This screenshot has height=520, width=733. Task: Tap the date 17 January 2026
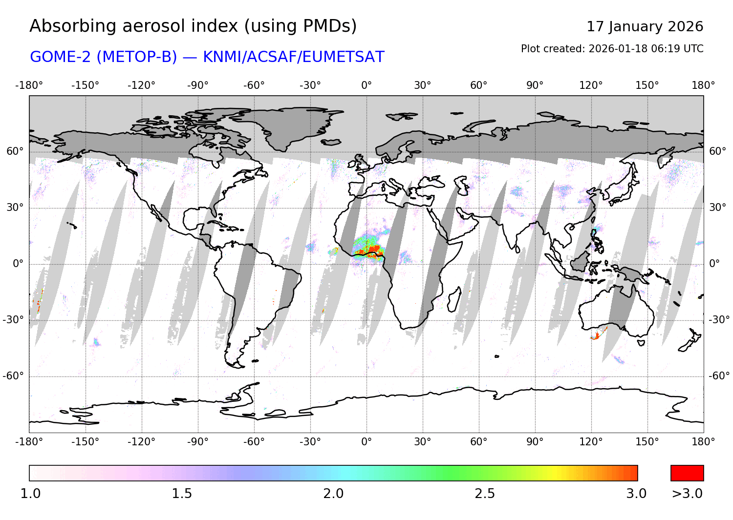click(x=645, y=26)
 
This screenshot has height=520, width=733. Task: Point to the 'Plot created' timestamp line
click(x=612, y=49)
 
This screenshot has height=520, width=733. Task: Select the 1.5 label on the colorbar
click(x=181, y=494)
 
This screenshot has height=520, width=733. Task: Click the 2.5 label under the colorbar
click(x=484, y=494)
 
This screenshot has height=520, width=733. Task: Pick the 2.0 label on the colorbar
click(x=333, y=494)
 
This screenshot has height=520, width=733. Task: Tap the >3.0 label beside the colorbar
click(x=687, y=494)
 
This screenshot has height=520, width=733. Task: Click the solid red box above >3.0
click(x=687, y=473)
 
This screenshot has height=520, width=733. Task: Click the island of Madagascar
click(x=453, y=299)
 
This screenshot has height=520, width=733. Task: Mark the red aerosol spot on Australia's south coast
click(x=597, y=335)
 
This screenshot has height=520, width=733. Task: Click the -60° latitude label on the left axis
click(x=13, y=376)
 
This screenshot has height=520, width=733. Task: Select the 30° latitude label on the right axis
click(x=717, y=208)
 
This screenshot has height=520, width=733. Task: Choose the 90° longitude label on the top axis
click(x=535, y=85)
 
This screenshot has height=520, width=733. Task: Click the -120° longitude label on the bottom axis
click(x=142, y=442)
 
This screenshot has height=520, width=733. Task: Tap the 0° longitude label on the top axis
click(x=366, y=85)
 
